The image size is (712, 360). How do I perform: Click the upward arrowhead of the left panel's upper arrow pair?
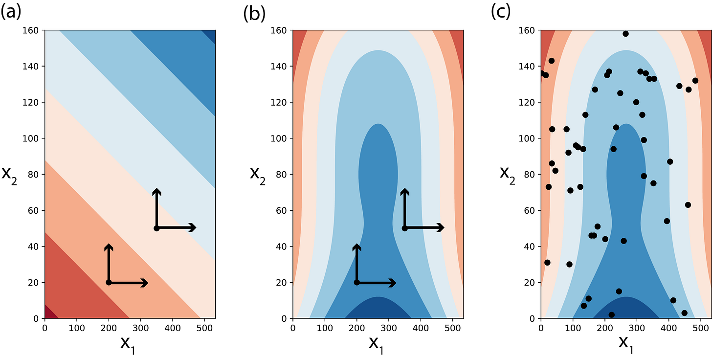click(x=156, y=191)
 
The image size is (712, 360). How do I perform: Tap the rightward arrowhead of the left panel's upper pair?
click(x=194, y=227)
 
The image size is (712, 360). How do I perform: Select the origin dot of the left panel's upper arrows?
click(x=156, y=228)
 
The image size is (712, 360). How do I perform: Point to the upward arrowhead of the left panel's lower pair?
click(x=109, y=246)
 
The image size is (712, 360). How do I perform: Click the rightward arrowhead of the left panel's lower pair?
click(x=146, y=283)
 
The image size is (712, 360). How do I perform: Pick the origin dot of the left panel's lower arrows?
click(x=109, y=283)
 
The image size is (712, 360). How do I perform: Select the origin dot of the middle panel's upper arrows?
click(x=404, y=228)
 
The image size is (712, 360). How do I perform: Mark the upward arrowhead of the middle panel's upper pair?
click(x=404, y=191)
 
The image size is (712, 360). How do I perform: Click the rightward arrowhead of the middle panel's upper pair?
click(x=442, y=227)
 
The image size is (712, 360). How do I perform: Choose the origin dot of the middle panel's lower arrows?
click(x=356, y=283)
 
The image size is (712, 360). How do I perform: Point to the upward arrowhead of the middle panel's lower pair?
click(x=356, y=246)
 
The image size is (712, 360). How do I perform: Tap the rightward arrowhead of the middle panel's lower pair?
click(x=394, y=283)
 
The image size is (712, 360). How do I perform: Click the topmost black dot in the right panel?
click(x=625, y=34)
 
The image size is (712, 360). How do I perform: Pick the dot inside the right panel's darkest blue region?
click(x=611, y=315)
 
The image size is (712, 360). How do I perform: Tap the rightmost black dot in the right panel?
click(x=695, y=81)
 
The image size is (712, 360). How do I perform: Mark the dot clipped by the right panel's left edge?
click(x=542, y=73)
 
